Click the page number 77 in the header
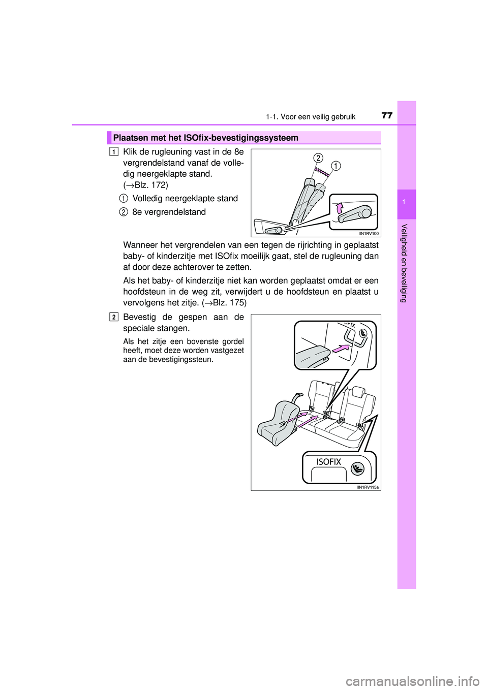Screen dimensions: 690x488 pyautogui.click(x=387, y=115)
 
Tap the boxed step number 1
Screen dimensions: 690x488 pyautogui.click(x=114, y=151)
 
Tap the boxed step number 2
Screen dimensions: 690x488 pyautogui.click(x=114, y=317)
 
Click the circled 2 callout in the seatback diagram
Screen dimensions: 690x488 pyautogui.click(x=318, y=158)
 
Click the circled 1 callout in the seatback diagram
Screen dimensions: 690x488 pyautogui.click(x=336, y=166)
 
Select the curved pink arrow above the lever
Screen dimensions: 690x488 pyautogui.click(x=339, y=208)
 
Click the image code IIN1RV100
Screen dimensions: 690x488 pyautogui.click(x=369, y=234)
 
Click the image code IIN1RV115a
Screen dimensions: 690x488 pyautogui.click(x=368, y=487)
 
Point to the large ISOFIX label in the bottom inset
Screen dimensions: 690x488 pyautogui.click(x=329, y=462)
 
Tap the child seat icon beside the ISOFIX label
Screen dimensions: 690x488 pyautogui.click(x=357, y=468)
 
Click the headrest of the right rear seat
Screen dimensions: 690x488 pyautogui.click(x=356, y=392)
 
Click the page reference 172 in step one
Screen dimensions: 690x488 pyautogui.click(x=159, y=185)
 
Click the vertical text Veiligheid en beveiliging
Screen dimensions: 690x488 pyautogui.click(x=404, y=263)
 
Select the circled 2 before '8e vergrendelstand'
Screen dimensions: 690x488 pyautogui.click(x=124, y=212)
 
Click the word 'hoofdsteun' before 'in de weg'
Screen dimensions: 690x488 pyautogui.click(x=143, y=292)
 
